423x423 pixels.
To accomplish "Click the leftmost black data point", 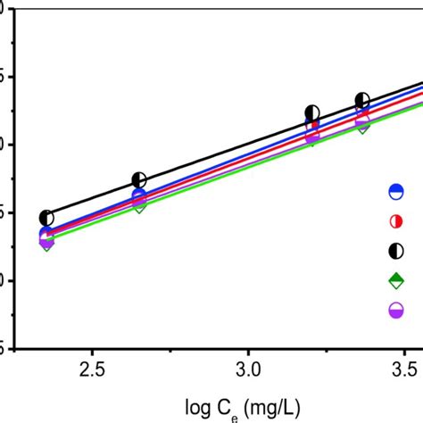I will click(x=46, y=218).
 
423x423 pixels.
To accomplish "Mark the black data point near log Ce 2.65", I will click(x=139, y=180).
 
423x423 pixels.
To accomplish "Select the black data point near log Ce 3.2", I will click(x=312, y=112).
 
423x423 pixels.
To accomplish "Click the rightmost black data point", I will click(x=362, y=100).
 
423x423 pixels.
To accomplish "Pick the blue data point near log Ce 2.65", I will click(x=139, y=196).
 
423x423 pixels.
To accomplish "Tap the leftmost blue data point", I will click(x=46, y=234).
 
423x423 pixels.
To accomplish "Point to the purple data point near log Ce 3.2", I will click(x=312, y=136).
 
